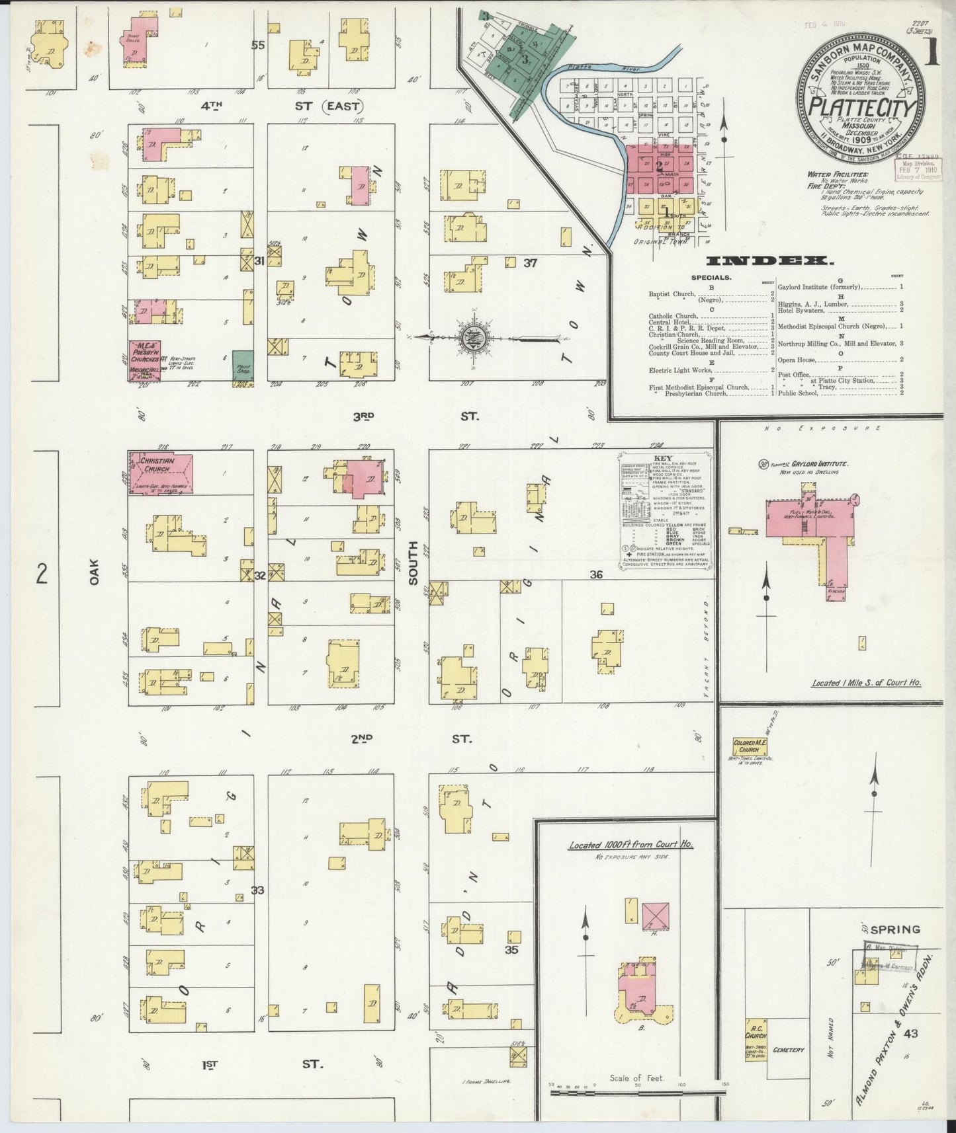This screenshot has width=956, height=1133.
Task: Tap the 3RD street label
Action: (363, 416)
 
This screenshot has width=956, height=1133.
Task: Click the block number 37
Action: (529, 263)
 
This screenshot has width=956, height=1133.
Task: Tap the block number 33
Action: (257, 890)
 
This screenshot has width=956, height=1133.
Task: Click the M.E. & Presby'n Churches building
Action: (145, 360)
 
